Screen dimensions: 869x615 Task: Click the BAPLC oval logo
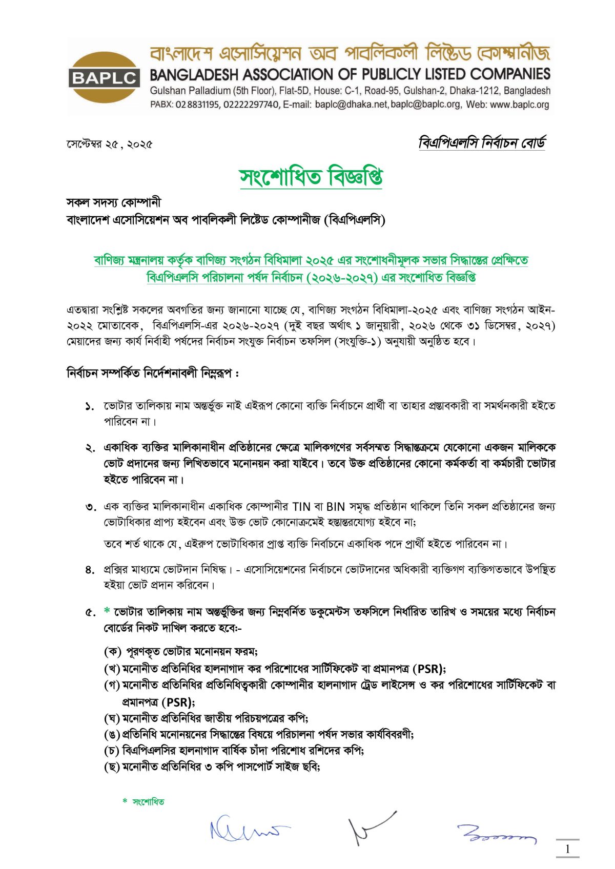pyautogui.click(x=104, y=77)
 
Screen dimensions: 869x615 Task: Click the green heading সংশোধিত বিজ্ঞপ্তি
pyautogui.click(x=311, y=177)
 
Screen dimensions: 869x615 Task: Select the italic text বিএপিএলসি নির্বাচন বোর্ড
pyautogui.click(x=482, y=143)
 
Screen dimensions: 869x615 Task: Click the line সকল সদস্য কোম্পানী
pyautogui.click(x=114, y=202)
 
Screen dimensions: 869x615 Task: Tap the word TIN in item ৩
pyautogui.click(x=301, y=507)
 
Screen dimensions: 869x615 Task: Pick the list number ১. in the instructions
pyautogui.click(x=90, y=406)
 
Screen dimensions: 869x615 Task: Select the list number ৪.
pyautogui.click(x=90, y=569)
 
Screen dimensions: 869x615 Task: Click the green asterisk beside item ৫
pyautogui.click(x=107, y=611)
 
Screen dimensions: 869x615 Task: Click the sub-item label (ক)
pyautogui.click(x=113, y=652)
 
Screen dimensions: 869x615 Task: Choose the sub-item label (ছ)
pyautogui.click(x=112, y=767)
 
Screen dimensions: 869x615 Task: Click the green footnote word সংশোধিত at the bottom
pyautogui.click(x=149, y=802)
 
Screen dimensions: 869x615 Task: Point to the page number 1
pyautogui.click(x=567, y=849)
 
